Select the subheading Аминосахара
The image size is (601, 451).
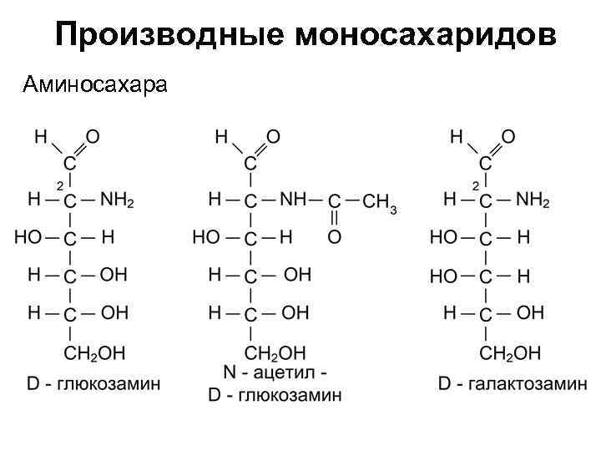click(x=96, y=84)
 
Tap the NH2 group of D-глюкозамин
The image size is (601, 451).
click(x=117, y=200)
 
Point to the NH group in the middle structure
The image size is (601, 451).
click(x=292, y=200)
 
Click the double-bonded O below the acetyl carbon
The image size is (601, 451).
click(x=334, y=237)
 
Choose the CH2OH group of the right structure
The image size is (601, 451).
click(x=510, y=352)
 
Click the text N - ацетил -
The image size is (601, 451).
click(x=275, y=372)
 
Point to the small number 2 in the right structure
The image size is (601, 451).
click(x=475, y=184)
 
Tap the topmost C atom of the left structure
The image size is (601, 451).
click(x=70, y=163)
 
